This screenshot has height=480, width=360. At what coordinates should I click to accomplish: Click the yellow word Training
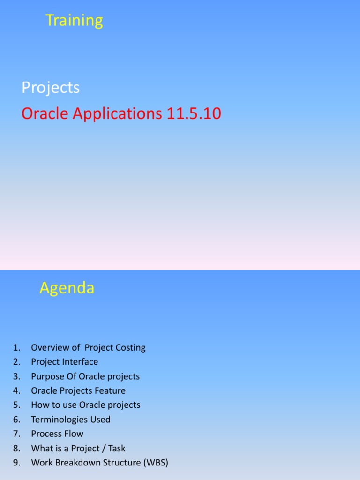click(74, 21)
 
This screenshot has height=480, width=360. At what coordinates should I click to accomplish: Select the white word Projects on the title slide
click(51, 88)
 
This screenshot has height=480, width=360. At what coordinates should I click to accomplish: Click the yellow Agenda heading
click(67, 288)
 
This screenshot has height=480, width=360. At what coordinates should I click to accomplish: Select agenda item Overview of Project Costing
click(88, 348)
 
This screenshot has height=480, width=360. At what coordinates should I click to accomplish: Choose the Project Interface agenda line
click(65, 362)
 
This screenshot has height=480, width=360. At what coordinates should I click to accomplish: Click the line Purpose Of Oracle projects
click(85, 376)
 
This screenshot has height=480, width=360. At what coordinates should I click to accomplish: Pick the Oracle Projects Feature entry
click(78, 390)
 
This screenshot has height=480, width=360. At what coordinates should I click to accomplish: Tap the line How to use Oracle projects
click(86, 405)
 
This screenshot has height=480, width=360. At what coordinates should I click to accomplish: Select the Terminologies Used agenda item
click(71, 420)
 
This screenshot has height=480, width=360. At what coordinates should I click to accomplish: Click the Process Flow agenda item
click(57, 434)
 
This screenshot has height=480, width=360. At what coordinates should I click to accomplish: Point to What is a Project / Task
click(78, 448)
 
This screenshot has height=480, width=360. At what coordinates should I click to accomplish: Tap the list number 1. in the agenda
click(17, 348)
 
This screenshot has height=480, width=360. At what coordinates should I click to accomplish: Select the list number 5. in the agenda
click(17, 405)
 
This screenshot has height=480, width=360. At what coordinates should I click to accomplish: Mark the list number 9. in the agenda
click(17, 463)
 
